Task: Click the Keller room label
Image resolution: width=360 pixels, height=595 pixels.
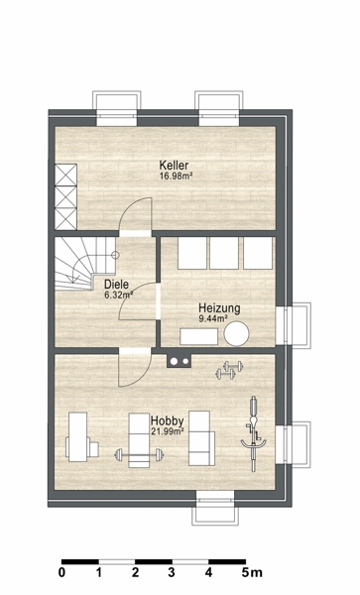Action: (x=174, y=166)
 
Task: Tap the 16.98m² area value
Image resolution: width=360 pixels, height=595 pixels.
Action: (x=175, y=176)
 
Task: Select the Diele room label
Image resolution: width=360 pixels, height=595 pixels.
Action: (x=116, y=285)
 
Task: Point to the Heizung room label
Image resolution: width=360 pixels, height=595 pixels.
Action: (x=219, y=308)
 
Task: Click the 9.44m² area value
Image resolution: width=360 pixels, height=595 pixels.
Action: (x=213, y=318)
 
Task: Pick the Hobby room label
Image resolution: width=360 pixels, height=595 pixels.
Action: (x=168, y=420)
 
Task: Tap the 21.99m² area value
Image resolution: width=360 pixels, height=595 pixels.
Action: (x=169, y=431)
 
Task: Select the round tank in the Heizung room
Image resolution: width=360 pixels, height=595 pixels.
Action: (x=236, y=333)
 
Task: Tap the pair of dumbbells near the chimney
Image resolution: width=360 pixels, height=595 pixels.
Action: (x=229, y=370)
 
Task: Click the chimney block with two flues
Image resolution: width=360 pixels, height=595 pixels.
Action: (x=180, y=361)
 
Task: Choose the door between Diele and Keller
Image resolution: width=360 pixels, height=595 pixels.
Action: (x=136, y=216)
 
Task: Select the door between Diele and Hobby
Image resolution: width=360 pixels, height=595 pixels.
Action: (x=135, y=368)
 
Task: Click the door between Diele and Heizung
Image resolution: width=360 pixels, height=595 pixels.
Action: (x=138, y=301)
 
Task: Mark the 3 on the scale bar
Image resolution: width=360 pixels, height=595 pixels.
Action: (x=172, y=572)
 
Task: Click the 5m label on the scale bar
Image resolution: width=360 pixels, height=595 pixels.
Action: (x=252, y=572)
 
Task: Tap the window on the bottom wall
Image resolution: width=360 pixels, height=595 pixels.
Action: (x=215, y=508)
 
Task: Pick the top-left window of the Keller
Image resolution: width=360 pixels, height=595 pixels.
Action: (x=116, y=108)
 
